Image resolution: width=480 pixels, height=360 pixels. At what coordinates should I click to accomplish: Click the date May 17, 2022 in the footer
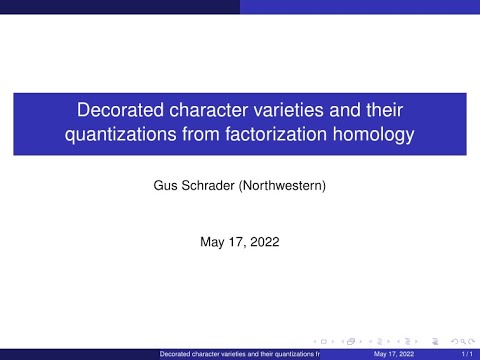click(392, 353)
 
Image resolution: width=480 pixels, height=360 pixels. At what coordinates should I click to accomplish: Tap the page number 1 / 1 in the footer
click(467, 353)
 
